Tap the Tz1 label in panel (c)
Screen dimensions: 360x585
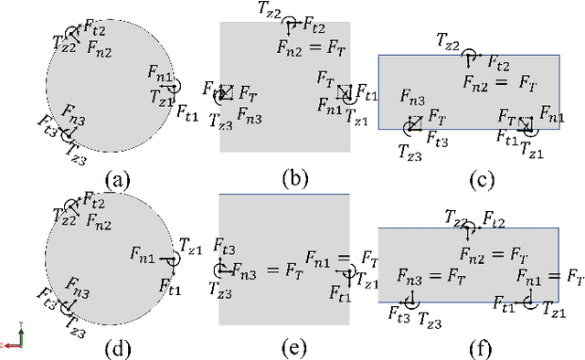coord(532,150)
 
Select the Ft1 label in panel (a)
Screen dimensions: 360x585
coord(187,112)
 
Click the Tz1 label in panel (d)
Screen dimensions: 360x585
coord(190,246)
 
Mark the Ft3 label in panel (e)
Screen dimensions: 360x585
coord(224,246)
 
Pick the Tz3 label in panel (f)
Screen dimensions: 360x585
coord(431,319)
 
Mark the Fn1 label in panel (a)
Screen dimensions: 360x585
coord(160,71)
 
